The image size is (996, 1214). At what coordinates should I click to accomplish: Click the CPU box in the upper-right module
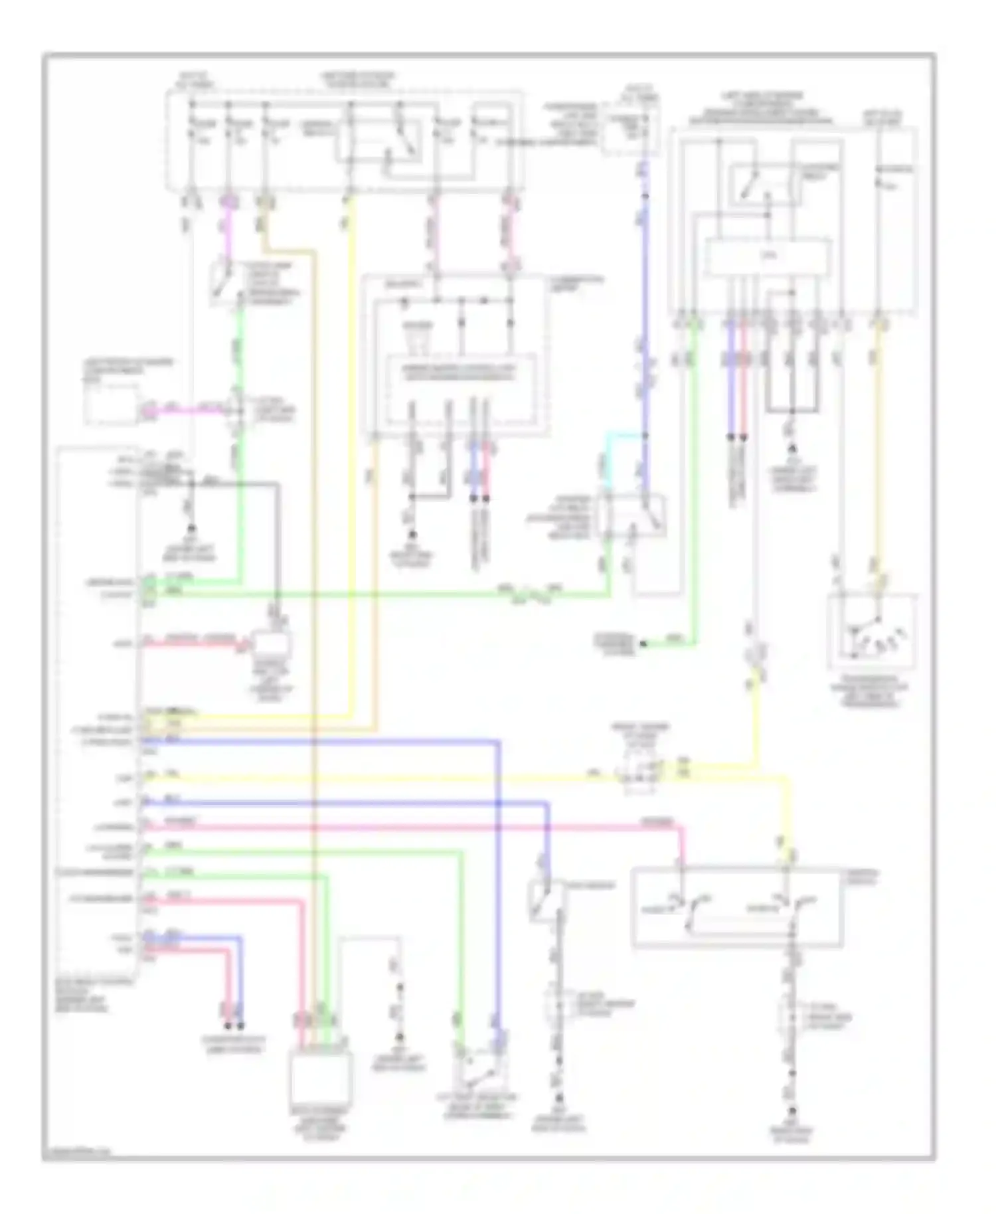pos(767,257)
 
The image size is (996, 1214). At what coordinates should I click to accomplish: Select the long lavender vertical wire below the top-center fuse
pos(643,319)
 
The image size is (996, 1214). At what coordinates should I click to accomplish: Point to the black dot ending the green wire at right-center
pos(642,644)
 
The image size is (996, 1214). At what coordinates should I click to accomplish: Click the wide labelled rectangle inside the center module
pos(461,372)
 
